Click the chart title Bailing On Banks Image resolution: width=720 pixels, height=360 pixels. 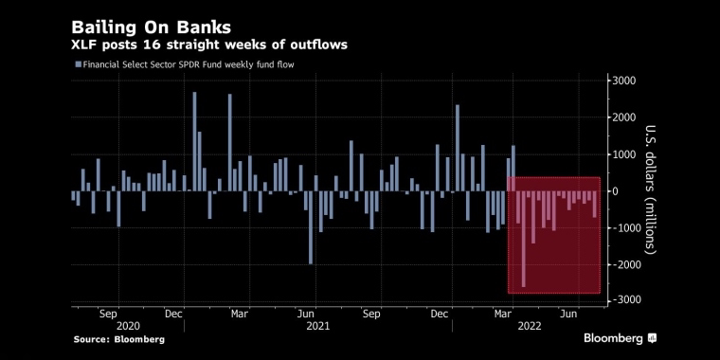click(151, 28)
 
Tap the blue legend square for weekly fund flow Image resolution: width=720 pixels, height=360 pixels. click(78, 64)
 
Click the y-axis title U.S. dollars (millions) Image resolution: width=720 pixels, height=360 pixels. click(651, 189)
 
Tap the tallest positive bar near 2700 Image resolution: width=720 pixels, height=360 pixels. click(194, 141)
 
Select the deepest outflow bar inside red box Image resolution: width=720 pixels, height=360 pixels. click(524, 240)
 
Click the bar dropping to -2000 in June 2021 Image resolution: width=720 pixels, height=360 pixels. click(311, 227)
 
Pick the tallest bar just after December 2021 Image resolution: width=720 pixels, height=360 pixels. click(458, 148)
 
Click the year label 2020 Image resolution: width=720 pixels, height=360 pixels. click(128, 326)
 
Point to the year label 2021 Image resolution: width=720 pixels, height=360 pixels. click(317, 326)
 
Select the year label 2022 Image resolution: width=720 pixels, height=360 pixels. click(529, 326)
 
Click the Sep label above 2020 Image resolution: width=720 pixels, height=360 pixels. click(109, 315)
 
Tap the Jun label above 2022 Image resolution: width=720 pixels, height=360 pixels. click(568, 315)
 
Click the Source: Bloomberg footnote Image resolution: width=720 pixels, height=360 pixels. click(119, 340)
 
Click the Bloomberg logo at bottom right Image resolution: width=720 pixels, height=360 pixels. click(620, 339)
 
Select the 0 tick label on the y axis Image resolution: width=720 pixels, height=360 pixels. click(616, 191)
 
